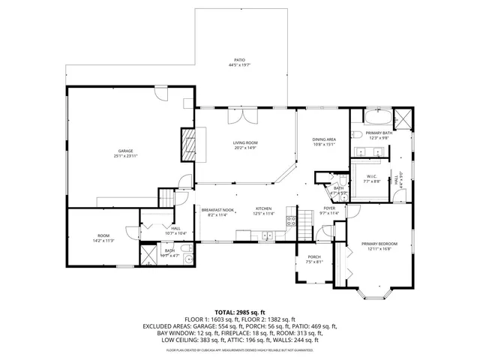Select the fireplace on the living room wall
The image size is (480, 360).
[187, 142]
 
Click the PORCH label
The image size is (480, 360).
[313, 259]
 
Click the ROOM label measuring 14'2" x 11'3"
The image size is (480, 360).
[103, 238]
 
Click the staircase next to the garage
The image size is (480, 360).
[166, 198]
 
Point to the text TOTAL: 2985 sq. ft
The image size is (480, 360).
[239, 312]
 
